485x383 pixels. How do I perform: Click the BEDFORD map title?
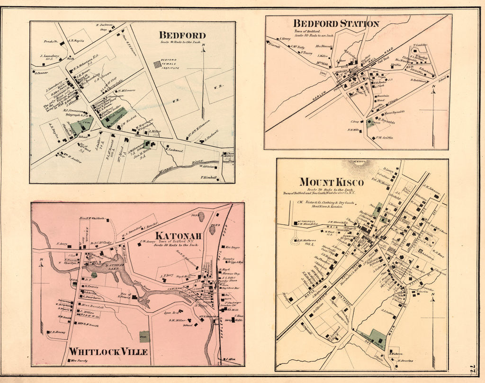[x=182, y=35]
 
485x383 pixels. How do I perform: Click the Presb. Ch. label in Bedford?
[x=50, y=41]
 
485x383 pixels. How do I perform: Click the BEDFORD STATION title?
[x=336, y=24]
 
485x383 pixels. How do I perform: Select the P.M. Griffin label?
[x=385, y=138]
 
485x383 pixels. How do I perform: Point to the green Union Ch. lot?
[x=370, y=123]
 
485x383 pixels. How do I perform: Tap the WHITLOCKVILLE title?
[x=108, y=352]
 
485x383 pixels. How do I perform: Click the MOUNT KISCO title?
[x=331, y=182]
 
